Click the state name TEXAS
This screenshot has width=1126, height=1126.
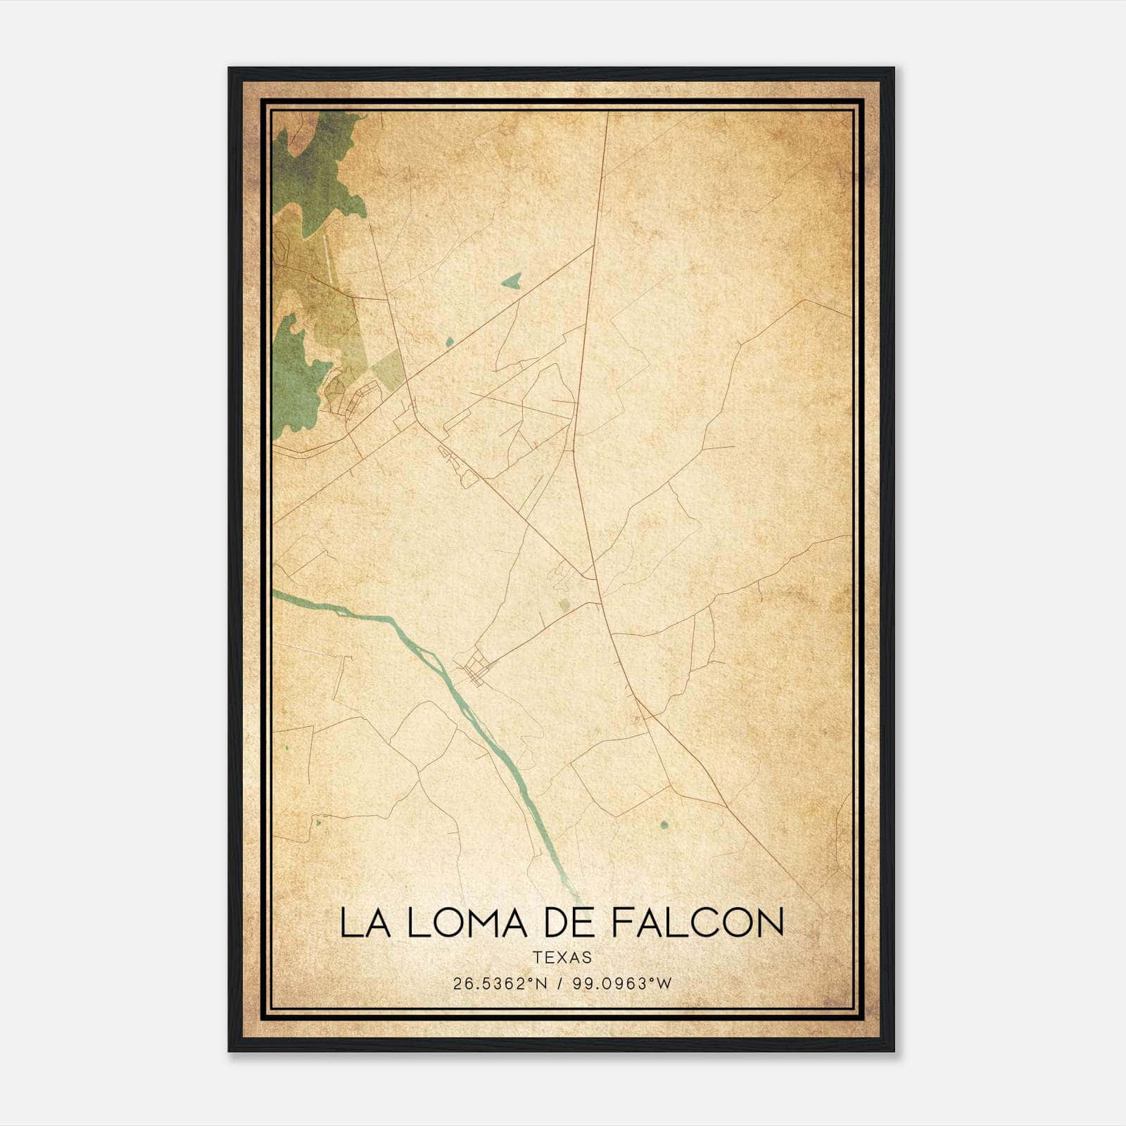tap(562, 957)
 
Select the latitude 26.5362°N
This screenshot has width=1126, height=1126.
tap(500, 983)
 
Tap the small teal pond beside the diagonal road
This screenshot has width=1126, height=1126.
tap(450, 342)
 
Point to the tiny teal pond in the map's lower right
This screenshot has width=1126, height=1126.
tap(664, 824)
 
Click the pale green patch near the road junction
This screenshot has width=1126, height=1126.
tap(564, 604)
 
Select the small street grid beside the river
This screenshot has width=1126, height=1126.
tap(476, 668)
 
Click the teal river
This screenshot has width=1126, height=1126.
tap(436, 662)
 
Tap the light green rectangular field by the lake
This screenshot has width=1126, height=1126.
tap(388, 368)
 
